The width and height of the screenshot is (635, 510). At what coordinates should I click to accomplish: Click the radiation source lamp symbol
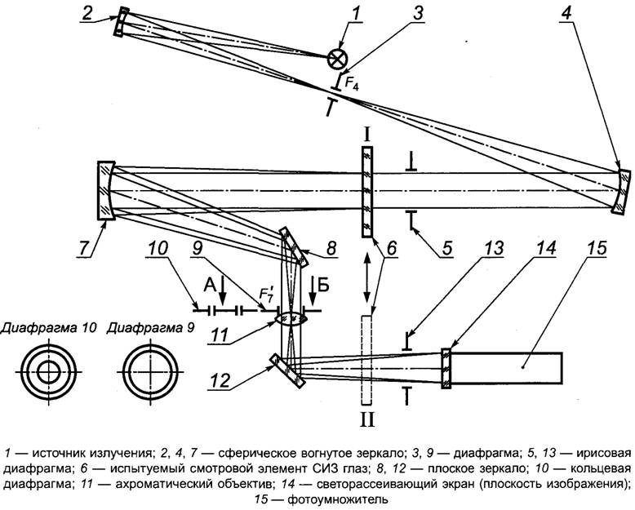coord(336,58)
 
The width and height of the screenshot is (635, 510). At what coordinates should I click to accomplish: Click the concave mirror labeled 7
coord(105,190)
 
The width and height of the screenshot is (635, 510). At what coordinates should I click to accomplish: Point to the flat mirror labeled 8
coord(294,246)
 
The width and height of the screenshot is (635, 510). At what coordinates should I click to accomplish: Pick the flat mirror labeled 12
coord(285,369)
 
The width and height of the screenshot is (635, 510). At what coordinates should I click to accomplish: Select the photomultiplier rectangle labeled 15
coord(506,369)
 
